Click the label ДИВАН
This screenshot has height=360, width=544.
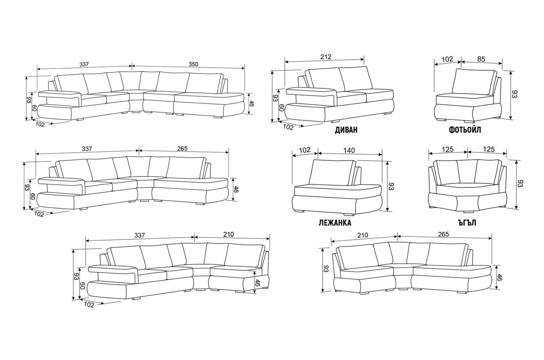pyautogui.click(x=346, y=130)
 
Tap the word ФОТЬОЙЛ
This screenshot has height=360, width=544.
pyautogui.click(x=465, y=130)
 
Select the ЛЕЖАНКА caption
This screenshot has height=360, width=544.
pyautogui.click(x=335, y=223)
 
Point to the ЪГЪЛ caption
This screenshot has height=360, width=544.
pyautogui.click(x=467, y=223)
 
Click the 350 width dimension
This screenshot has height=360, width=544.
pyautogui.click(x=193, y=64)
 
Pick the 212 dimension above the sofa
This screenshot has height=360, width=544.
pyautogui.click(x=326, y=57)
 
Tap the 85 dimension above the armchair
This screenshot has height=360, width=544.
pyautogui.click(x=481, y=59)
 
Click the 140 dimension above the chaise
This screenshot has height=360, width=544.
pyautogui.click(x=349, y=150)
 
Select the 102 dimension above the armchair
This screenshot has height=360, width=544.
pyautogui.click(x=447, y=59)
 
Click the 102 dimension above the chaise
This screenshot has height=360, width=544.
pyautogui.click(x=305, y=150)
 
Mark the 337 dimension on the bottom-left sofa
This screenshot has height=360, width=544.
pyautogui.click(x=139, y=235)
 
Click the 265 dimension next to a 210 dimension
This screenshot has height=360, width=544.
pyautogui.click(x=443, y=234)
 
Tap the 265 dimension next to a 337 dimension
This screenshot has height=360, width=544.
pyautogui.click(x=182, y=149)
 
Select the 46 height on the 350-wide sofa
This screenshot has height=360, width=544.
pyautogui.click(x=251, y=103)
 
